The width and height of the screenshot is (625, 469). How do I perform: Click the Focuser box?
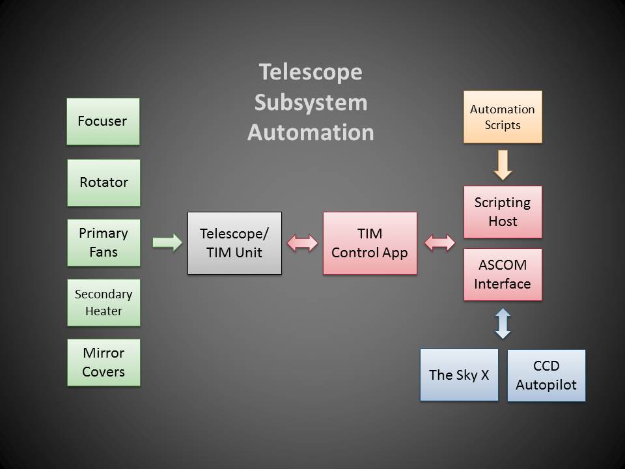point(104,122)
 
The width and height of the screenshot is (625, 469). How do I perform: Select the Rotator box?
point(104,183)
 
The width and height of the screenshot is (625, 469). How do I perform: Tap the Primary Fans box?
point(104,243)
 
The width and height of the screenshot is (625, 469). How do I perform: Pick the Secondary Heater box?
point(104,303)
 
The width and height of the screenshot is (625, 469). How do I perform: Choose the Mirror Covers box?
point(104,363)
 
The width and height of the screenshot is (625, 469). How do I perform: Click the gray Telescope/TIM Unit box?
point(235,243)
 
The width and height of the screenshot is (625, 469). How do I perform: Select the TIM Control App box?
point(370,243)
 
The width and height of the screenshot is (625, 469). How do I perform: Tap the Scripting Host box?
point(503,212)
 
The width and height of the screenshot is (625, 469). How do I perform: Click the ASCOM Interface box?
point(503,275)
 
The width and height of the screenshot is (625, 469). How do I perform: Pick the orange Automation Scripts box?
point(503,117)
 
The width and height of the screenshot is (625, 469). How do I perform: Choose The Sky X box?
point(459,375)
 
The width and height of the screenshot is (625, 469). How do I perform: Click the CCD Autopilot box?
point(546,376)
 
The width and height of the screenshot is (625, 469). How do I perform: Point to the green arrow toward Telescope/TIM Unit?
point(167,242)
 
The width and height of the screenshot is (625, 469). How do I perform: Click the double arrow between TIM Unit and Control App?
point(303,243)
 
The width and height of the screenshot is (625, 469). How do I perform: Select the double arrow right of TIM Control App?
point(440,243)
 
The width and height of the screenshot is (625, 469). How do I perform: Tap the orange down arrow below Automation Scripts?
point(503,165)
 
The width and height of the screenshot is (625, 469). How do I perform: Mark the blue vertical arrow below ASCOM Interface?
point(503,324)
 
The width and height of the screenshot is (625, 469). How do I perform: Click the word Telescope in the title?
point(311,72)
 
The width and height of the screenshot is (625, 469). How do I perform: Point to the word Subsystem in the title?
point(311,103)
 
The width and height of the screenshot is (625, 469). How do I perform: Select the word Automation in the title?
point(311,132)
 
